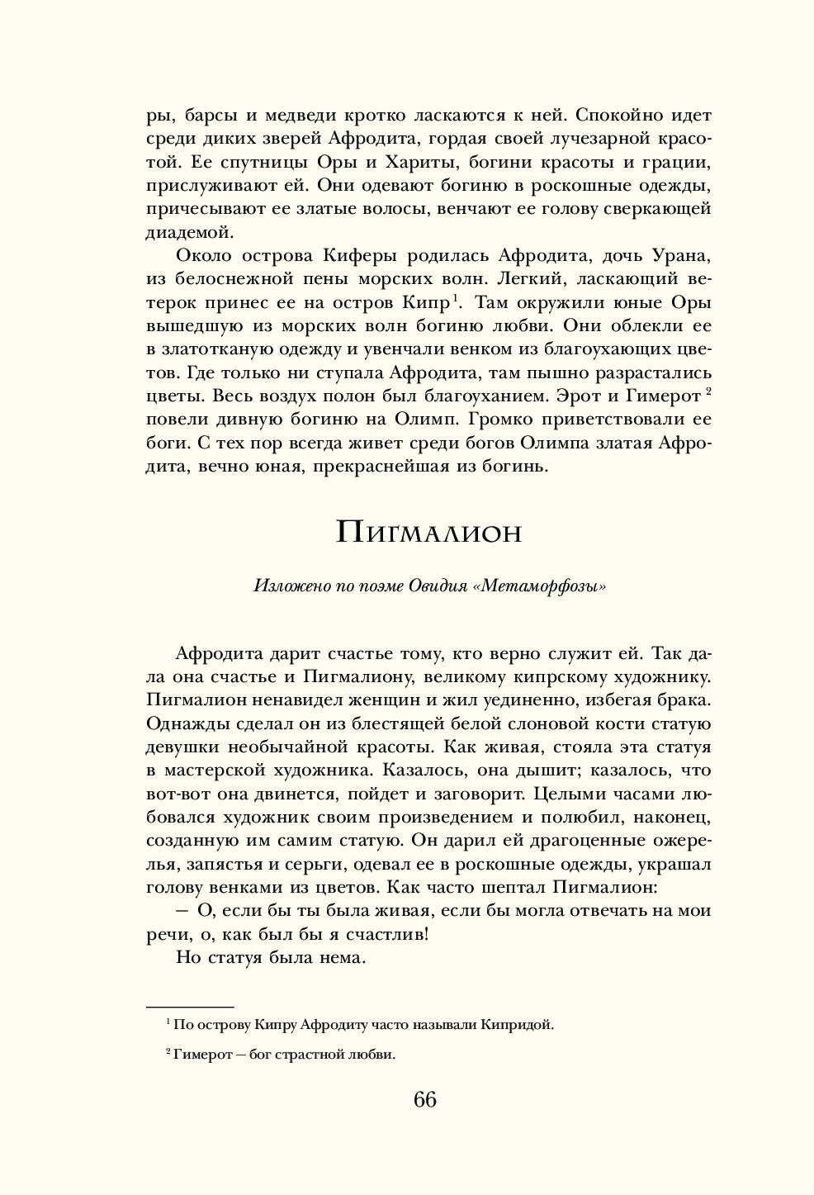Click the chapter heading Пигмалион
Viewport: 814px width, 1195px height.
[429, 532]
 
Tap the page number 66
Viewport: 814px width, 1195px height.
[425, 1099]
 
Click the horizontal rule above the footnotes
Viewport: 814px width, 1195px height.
[191, 1007]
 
